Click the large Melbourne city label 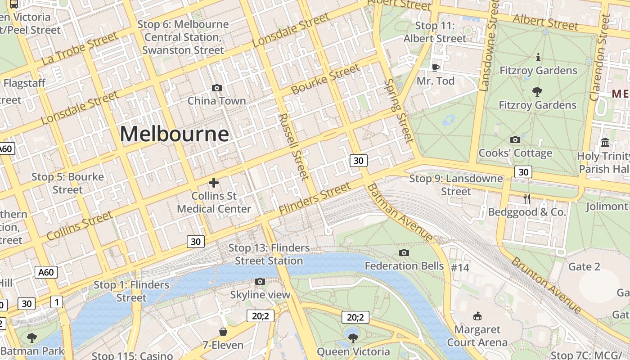click(x=174, y=134)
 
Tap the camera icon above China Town click(x=216, y=88)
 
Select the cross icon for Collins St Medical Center click(x=214, y=183)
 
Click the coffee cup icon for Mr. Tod click(x=435, y=67)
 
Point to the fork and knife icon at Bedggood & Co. click(x=527, y=198)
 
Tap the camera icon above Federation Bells click(x=404, y=252)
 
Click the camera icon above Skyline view click(x=260, y=282)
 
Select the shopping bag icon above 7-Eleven click(x=223, y=332)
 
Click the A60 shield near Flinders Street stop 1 click(x=46, y=272)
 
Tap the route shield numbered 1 click(x=56, y=302)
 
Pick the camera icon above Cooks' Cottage click(x=515, y=139)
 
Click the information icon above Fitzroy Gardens click(x=538, y=57)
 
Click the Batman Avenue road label click(x=400, y=212)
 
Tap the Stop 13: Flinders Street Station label click(x=269, y=254)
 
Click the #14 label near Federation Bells click(x=460, y=268)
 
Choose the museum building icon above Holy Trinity click(x=605, y=142)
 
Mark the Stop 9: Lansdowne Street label click(x=456, y=185)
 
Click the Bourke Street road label click(x=325, y=79)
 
